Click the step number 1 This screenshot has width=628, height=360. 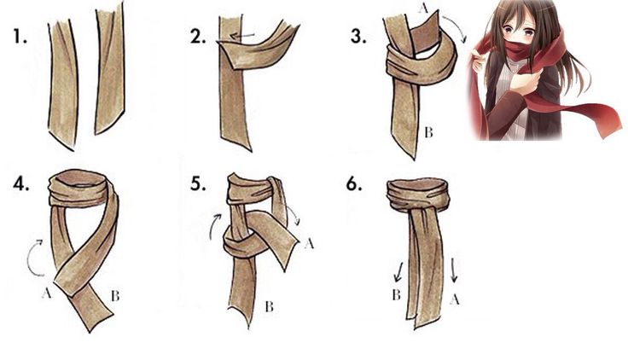coord(20,36)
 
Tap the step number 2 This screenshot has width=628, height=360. coord(198,37)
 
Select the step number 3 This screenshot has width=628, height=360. coord(358,36)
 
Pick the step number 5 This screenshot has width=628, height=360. coord(198,183)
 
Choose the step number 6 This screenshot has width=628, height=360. coord(354,184)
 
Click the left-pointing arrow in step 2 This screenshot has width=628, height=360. coord(242,36)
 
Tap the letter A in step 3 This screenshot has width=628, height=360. coord(423,8)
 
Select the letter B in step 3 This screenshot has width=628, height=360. coord(428,132)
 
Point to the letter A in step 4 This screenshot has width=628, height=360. coord(46,293)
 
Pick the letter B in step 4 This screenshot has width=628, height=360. coord(115,296)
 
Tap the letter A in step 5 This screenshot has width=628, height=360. coord(309,243)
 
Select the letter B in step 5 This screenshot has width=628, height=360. coord(269,307)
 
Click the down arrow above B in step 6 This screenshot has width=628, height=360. coord(398,272)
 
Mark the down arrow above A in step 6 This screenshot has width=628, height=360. coord(454,270)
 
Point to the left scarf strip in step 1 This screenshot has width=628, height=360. coord(63,85)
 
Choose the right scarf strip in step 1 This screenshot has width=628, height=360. coord(109,68)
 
